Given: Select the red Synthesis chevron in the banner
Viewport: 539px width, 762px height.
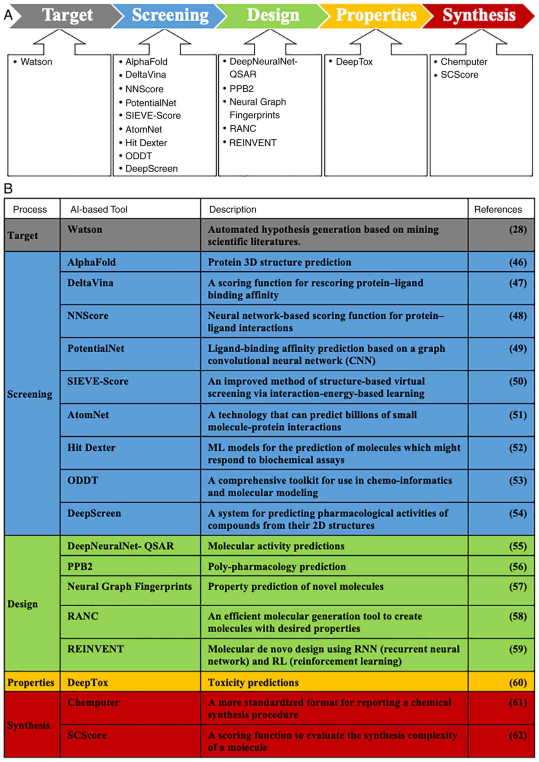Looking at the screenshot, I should coord(478,15).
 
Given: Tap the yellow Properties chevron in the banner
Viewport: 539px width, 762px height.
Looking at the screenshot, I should coord(376,15).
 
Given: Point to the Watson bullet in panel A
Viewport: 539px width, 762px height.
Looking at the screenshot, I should coord(36,62).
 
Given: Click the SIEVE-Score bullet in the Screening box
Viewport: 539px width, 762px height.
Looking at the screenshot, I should coord(153,115).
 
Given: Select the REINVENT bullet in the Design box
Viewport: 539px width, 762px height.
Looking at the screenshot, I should coord(253,143).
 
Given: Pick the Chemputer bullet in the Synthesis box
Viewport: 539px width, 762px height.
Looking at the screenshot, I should coord(463,62).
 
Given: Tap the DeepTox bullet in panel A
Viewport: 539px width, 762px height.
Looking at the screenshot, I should coord(354,62).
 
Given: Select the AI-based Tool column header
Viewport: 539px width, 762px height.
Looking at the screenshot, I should coord(99,209).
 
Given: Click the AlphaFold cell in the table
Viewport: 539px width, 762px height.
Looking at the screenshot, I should coord(91,262).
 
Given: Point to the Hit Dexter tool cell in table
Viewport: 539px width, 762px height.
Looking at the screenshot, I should coord(91,447).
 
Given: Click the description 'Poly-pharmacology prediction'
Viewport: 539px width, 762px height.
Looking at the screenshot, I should coord(277,567).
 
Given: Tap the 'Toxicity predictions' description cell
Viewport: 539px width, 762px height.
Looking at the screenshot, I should coord(253,682).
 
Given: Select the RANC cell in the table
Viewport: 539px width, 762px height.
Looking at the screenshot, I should coord(83,616).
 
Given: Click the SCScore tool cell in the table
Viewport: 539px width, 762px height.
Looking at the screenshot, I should coord(87,735).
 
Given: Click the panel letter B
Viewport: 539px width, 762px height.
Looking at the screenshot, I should coord(8,189).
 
